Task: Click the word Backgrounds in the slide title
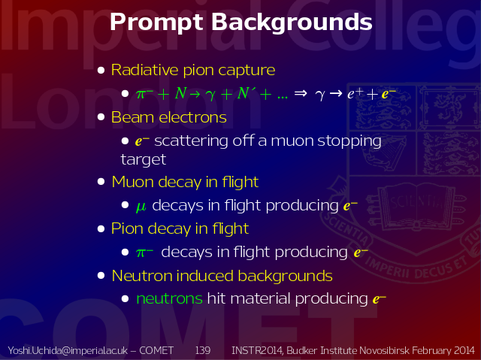(x=292, y=22)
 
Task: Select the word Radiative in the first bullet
(x=145, y=70)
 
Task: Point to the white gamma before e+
(x=320, y=95)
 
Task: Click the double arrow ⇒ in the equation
(x=301, y=93)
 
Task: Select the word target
(x=144, y=159)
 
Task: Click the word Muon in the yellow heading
(x=133, y=182)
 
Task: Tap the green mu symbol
(x=141, y=207)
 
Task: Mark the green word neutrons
(x=169, y=298)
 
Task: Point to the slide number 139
(x=203, y=350)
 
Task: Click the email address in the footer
(x=68, y=350)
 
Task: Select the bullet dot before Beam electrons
(x=101, y=117)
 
